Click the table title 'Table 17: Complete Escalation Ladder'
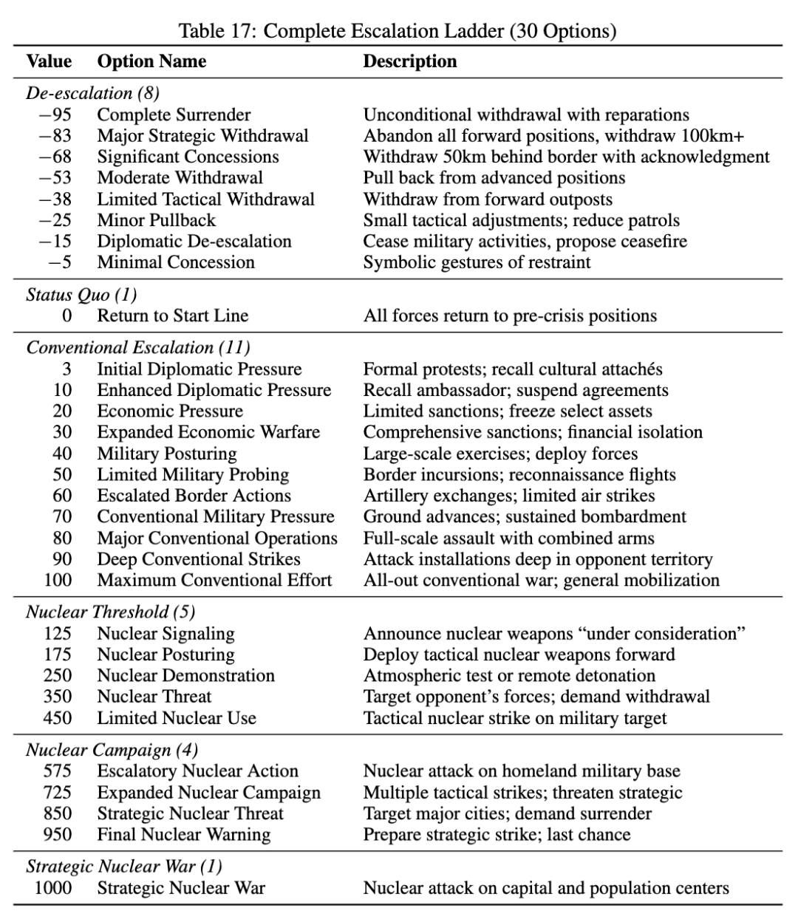click(x=398, y=31)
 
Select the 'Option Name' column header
click(x=151, y=61)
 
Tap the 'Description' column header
click(x=409, y=61)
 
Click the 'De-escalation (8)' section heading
click(x=92, y=93)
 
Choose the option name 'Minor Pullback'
click(x=156, y=220)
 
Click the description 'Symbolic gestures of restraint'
click(x=477, y=262)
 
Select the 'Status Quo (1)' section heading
click(x=81, y=295)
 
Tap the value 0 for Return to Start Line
click(x=66, y=316)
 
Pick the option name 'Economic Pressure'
click(x=169, y=412)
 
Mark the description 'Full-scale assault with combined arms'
click(x=508, y=539)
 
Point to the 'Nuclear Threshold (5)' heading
click(x=110, y=612)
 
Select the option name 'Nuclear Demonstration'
click(x=185, y=676)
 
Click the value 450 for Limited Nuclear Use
click(x=58, y=718)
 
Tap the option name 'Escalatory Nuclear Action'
click(x=197, y=771)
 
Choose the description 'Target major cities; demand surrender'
click(x=507, y=814)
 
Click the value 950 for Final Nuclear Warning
click(x=58, y=835)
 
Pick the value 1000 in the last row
click(x=53, y=888)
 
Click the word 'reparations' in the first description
click(x=644, y=115)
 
